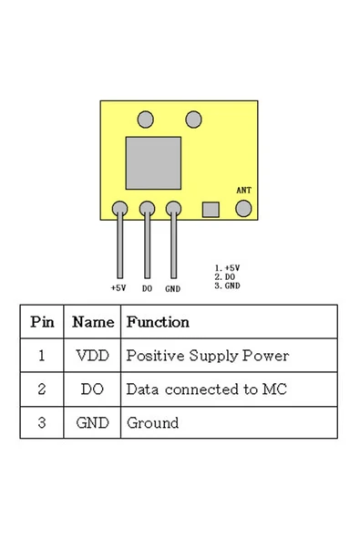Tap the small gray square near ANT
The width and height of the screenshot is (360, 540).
point(211,210)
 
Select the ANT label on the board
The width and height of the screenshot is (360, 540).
point(243,190)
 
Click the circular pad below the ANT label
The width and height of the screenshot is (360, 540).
point(243,209)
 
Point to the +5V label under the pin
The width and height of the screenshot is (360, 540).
point(118,288)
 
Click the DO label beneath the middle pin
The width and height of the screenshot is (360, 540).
point(147,288)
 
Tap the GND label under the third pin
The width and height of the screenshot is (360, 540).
point(172,288)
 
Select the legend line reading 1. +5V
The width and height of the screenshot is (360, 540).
point(227,268)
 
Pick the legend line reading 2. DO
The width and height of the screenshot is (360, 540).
point(225,276)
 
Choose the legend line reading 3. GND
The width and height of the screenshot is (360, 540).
point(227,285)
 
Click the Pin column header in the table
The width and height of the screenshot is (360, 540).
point(42,322)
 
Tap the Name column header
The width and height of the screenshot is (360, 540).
point(92,322)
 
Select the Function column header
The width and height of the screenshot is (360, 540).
point(158,322)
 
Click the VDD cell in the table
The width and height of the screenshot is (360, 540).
point(92,356)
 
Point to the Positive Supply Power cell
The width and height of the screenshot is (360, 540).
point(207,356)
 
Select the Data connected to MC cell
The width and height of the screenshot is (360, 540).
point(206,389)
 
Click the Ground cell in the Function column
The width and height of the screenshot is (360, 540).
point(152,423)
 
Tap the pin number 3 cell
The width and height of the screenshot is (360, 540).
point(42,423)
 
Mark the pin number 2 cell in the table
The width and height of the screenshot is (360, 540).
point(42,389)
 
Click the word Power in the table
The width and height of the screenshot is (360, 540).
point(269,356)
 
